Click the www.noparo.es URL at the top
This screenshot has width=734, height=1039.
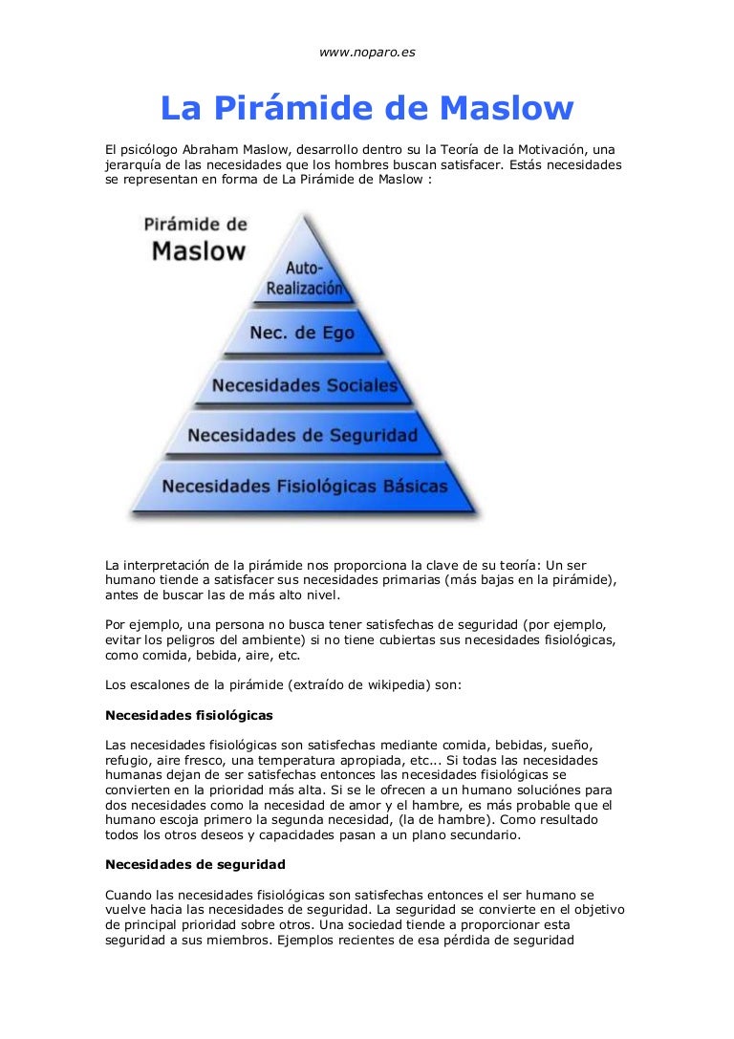pyautogui.click(x=367, y=52)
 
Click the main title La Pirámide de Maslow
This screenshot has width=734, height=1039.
pyautogui.click(x=367, y=108)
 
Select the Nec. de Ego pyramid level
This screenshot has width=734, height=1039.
pyautogui.click(x=301, y=333)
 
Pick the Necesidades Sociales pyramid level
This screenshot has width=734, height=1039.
pyautogui.click(x=304, y=385)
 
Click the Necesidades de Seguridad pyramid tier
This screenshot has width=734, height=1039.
pyautogui.click(x=302, y=436)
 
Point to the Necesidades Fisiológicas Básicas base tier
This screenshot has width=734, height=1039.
pyautogui.click(x=304, y=487)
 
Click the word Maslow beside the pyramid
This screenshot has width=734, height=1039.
pyautogui.click(x=199, y=251)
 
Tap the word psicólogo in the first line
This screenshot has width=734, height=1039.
pyautogui.click(x=146, y=150)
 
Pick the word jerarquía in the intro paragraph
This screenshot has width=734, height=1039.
pyautogui.click(x=134, y=164)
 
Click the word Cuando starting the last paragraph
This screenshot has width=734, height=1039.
pyautogui.click(x=129, y=895)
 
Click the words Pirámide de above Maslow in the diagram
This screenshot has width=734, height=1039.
pyautogui.click(x=195, y=226)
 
